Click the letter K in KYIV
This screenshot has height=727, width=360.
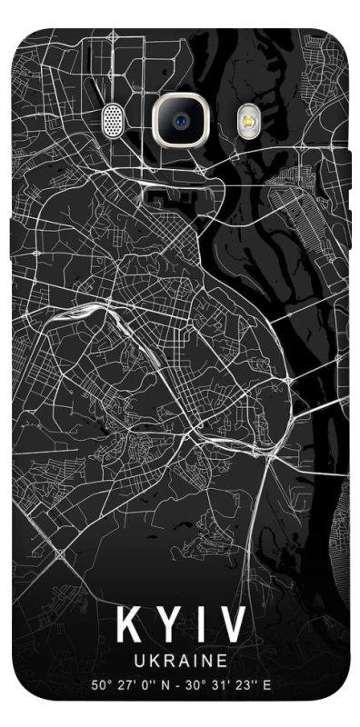129,625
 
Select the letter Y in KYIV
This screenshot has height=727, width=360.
165,625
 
